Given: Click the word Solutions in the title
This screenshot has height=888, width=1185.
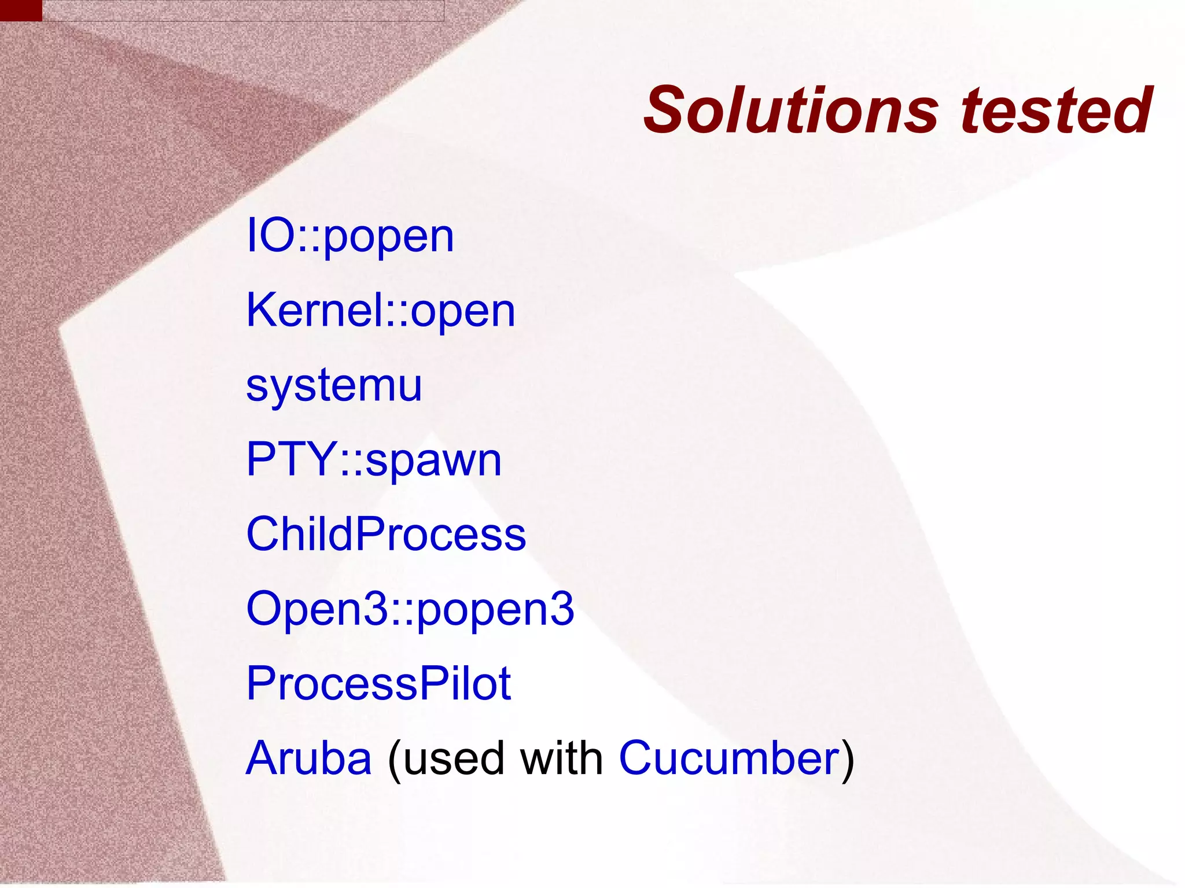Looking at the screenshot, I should click(790, 110).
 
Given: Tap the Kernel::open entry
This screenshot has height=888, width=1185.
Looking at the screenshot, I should click(380, 311).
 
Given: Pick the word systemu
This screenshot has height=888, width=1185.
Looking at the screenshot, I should click(334, 385).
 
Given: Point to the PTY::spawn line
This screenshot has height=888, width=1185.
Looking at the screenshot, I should click(374, 459).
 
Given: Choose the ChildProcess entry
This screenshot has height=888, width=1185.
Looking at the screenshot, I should click(386, 534).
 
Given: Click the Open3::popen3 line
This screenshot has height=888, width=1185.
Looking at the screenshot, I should click(410, 609).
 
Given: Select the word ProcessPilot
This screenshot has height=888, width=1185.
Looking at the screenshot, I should click(378, 683).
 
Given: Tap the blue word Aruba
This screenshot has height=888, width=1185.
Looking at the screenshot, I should click(308, 758).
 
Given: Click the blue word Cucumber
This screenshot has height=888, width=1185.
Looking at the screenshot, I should click(729, 758).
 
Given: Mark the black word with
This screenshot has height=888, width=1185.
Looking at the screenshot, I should click(562, 758).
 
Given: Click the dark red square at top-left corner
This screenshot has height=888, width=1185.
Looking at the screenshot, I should click(21, 10).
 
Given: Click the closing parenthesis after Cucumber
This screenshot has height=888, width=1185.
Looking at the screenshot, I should click(847, 759).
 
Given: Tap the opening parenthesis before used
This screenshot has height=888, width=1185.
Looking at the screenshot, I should click(395, 759).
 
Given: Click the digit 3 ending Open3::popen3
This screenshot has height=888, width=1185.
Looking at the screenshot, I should click(562, 609).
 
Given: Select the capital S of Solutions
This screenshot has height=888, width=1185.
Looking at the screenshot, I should click(668, 110).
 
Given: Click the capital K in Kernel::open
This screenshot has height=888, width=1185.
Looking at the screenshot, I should click(262, 311).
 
